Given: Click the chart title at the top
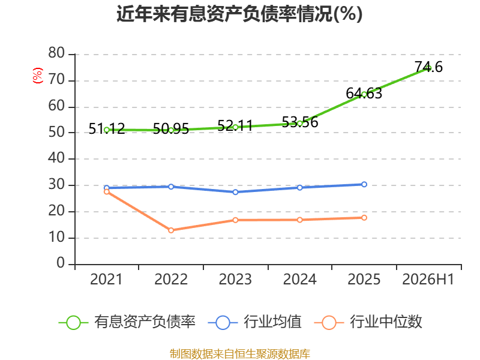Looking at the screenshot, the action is [239, 14].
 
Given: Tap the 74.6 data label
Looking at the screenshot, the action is [428, 67].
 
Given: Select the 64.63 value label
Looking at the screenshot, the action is [364, 94].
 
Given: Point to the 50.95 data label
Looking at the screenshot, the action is [171, 129].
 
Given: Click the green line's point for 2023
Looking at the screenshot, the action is [235, 127].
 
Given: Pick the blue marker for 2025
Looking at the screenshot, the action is [364, 184].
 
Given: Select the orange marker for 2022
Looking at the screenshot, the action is [171, 230].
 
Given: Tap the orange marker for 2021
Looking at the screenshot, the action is [107, 191].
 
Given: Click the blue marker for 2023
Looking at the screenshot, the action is [235, 192].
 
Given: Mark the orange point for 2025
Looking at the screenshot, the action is [364, 218].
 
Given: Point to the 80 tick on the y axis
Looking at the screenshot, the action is [56, 53].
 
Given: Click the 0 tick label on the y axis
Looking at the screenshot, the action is [61, 263].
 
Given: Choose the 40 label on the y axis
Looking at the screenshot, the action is [56, 158].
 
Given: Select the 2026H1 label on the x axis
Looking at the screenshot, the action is [428, 280].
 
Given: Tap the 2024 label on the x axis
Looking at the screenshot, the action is [299, 280].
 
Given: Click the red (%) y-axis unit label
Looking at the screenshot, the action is [38, 76].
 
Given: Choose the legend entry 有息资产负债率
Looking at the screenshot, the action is [127, 322].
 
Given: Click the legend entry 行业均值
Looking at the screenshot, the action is [254, 322].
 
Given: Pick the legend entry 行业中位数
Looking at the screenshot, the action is [368, 322].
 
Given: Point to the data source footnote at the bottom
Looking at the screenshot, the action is [240, 354].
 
